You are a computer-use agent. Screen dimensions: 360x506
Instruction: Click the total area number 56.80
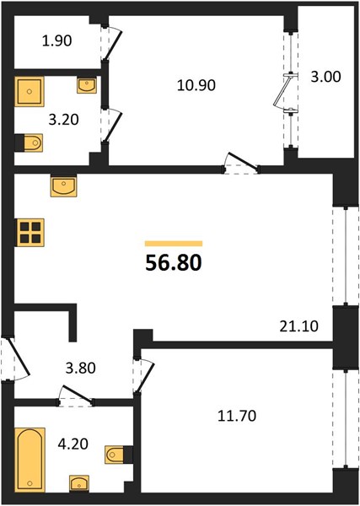tap(174, 262)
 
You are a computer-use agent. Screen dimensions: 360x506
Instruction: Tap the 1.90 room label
tap(57, 41)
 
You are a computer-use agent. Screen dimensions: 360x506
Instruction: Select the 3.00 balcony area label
tap(325, 77)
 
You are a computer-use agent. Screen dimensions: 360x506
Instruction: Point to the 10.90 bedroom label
tap(196, 85)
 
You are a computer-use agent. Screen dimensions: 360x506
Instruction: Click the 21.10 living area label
tap(298, 326)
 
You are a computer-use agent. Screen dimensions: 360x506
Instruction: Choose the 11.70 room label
tap(237, 417)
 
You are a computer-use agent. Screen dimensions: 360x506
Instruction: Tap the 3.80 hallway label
tap(81, 368)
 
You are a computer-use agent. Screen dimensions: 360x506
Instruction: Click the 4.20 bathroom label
tap(73, 444)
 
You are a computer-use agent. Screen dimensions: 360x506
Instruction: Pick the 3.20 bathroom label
tap(63, 120)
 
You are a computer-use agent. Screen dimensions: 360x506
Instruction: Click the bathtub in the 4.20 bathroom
tap(30, 460)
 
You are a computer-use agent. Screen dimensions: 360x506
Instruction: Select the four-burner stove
tap(30, 233)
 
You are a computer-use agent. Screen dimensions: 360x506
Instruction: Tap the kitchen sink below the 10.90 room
tap(63, 186)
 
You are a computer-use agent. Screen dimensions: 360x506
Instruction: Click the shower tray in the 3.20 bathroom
tap(30, 92)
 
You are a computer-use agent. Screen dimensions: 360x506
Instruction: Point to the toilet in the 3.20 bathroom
tap(30, 143)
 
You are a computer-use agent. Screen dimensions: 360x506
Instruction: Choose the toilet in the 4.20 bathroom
tap(118, 455)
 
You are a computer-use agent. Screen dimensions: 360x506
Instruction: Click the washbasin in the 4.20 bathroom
tap(79, 483)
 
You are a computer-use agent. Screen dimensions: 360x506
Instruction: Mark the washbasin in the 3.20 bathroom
tap(87, 85)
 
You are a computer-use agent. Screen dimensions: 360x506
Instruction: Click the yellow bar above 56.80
tap(174, 244)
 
